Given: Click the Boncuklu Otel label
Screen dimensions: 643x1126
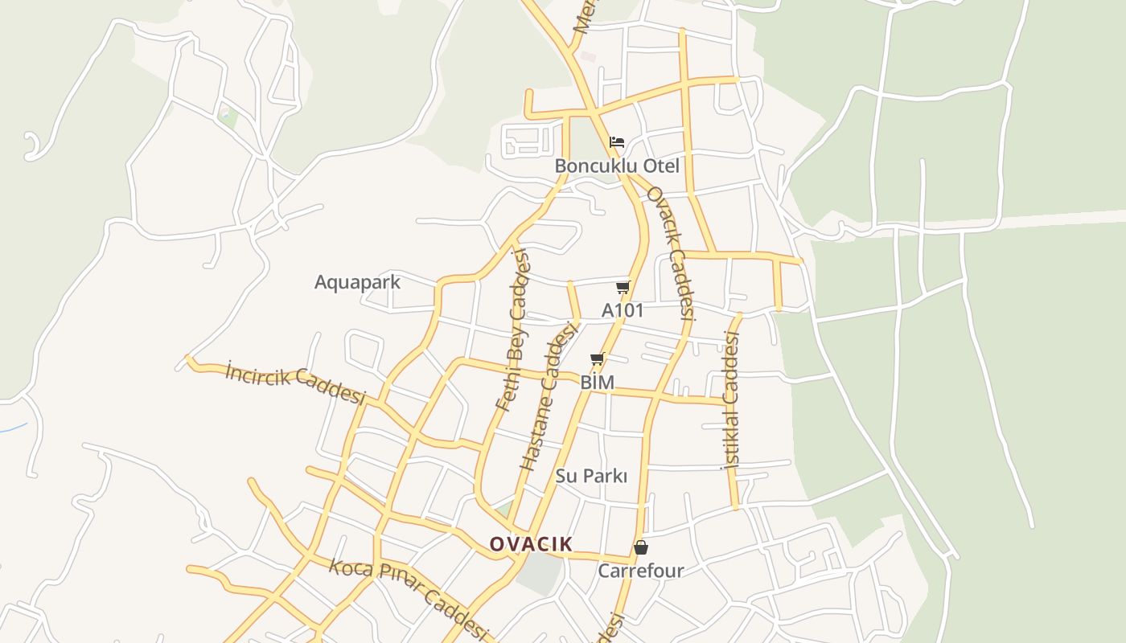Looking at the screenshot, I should click(x=617, y=166).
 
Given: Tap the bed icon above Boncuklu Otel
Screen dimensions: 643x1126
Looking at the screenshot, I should click(x=617, y=143).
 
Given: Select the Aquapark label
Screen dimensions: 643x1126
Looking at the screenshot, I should click(x=357, y=282).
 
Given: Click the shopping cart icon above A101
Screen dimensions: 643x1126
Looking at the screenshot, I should click(x=623, y=288).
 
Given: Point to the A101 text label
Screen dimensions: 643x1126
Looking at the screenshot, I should click(x=623, y=310).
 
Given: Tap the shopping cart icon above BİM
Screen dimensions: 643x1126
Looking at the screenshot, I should click(x=597, y=359).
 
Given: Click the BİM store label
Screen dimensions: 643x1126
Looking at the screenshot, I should click(x=597, y=383).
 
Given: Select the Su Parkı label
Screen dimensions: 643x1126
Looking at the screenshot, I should click(x=591, y=476).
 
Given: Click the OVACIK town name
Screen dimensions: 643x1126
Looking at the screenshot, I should click(x=531, y=544).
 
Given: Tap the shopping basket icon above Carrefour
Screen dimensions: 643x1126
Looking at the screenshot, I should click(x=641, y=547).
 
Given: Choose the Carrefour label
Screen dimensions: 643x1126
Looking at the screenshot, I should click(x=641, y=571).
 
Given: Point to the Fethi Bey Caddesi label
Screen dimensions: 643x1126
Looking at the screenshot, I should click(x=514, y=330).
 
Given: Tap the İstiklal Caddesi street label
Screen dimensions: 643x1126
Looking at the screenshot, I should click(x=730, y=399).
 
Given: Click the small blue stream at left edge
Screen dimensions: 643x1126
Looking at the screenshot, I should click(x=13, y=428).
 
